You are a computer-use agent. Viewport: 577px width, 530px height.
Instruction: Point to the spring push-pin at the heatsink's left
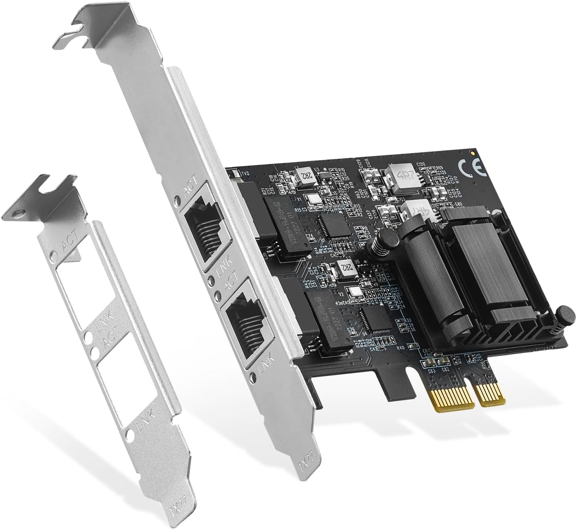(x=379, y=242)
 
